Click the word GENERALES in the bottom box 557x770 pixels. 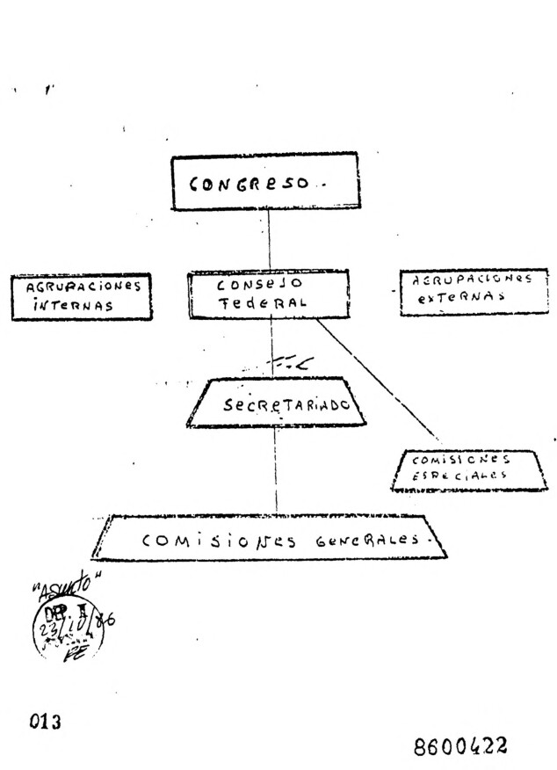click(367, 539)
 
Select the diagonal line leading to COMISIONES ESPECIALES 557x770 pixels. click(378, 379)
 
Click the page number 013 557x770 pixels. click(44, 723)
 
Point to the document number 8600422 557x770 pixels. click(460, 747)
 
